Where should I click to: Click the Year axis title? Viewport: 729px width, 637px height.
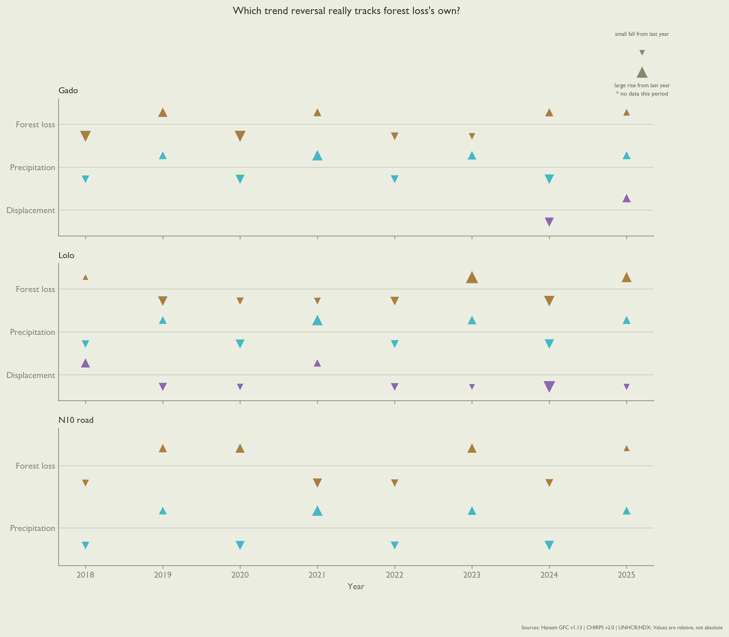[356, 586]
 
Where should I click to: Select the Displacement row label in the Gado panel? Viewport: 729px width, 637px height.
[31, 210]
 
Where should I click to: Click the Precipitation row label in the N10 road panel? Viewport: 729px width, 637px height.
[33, 528]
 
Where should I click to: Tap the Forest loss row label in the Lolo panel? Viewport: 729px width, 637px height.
[36, 289]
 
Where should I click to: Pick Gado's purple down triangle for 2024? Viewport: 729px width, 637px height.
[549, 222]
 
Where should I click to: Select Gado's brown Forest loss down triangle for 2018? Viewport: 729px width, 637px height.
[85, 136]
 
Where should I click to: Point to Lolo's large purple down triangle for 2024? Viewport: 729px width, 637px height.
[549, 386]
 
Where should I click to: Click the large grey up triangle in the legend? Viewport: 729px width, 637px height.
[642, 73]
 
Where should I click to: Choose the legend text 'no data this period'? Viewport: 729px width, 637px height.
[644, 94]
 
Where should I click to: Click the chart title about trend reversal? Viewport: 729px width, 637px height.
[346, 11]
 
